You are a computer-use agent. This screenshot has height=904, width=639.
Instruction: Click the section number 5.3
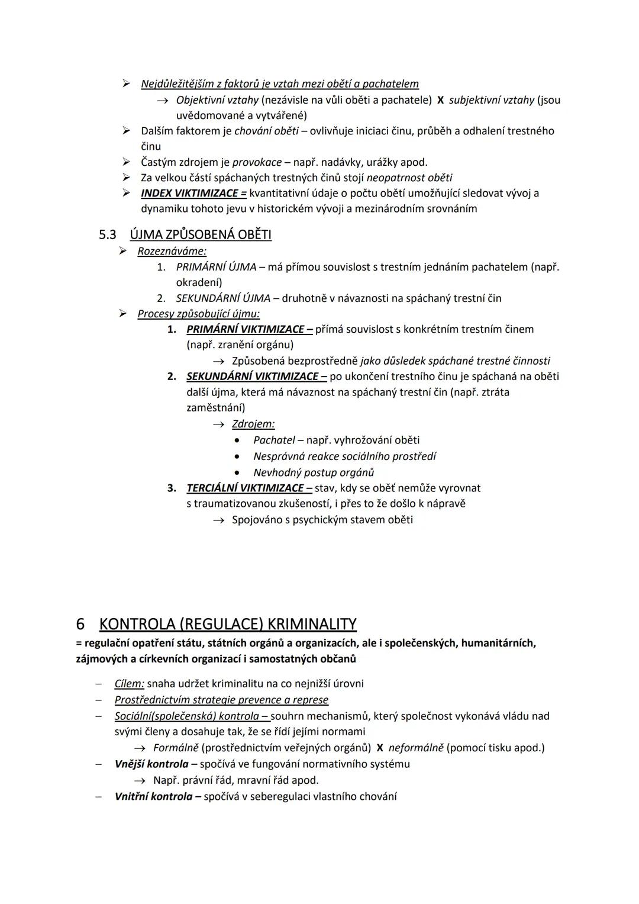[107, 235]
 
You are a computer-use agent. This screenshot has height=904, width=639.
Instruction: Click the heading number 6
[80, 624]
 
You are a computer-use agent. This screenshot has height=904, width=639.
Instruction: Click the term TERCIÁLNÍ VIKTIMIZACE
[248, 488]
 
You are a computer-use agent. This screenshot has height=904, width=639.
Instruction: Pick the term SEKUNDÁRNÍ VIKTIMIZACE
[256, 377]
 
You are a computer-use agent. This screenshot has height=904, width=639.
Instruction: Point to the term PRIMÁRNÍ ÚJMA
[216, 267]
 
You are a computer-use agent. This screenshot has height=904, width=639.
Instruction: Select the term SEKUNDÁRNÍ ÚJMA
[223, 298]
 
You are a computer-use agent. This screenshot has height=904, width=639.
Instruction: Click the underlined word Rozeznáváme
[172, 251]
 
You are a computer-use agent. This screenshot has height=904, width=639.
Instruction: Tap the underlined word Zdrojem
[253, 424]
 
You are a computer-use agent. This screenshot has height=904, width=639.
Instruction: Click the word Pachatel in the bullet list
[274, 440]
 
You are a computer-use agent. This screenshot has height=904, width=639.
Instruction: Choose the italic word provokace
[257, 162]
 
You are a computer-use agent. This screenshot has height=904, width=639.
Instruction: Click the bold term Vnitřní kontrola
[153, 797]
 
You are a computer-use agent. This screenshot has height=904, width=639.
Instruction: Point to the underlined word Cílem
[129, 684]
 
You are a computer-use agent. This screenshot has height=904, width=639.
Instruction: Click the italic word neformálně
[415, 748]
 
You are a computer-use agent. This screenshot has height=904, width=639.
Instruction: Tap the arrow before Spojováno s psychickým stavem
[219, 520]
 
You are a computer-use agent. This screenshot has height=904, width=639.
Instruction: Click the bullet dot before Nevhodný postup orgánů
[237, 473]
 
